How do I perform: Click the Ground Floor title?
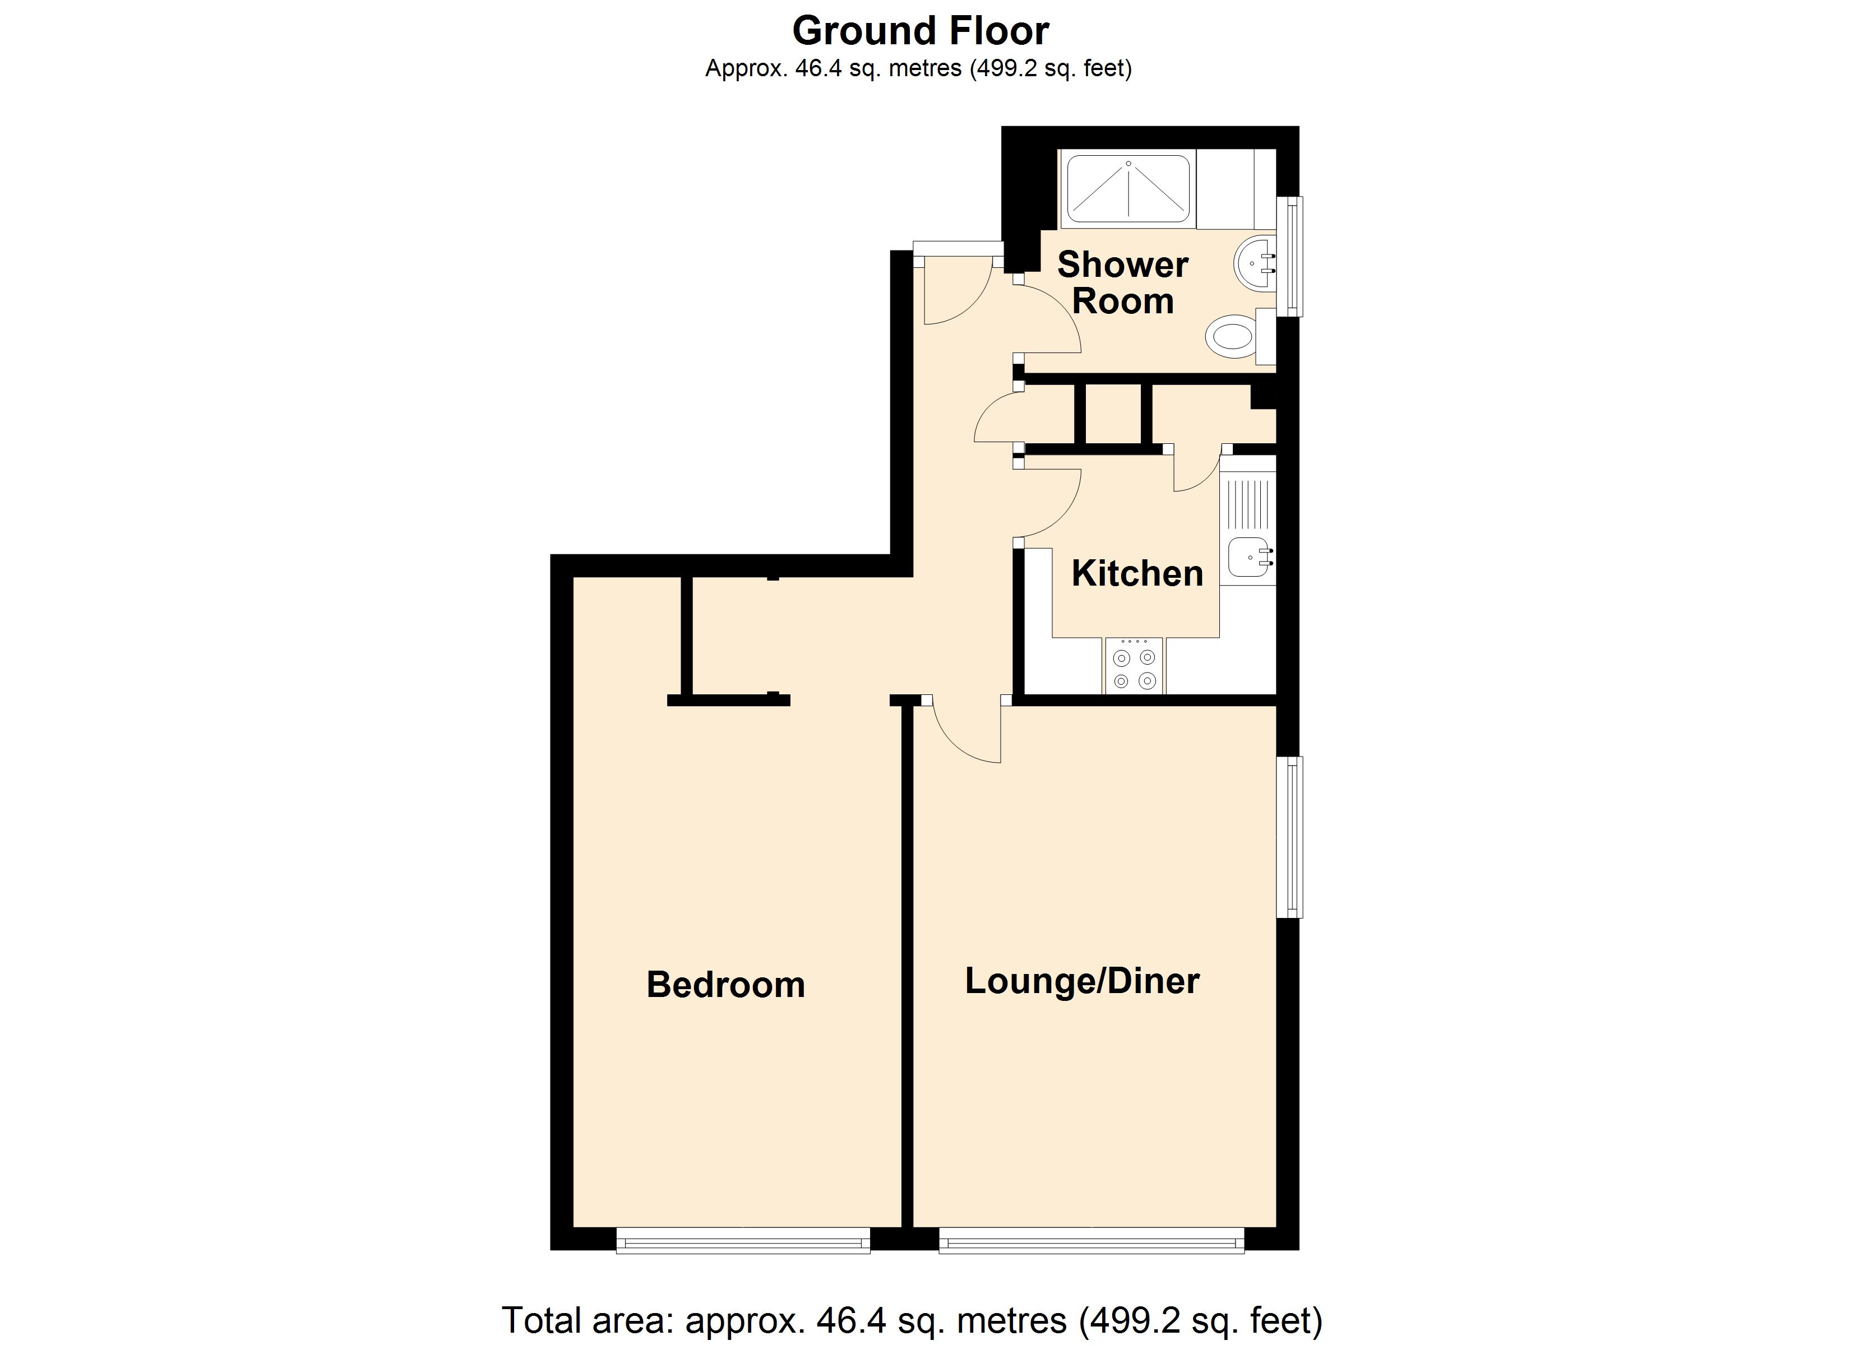920,31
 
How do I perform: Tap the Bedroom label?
725,985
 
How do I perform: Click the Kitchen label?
1137,573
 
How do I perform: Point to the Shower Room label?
1122,282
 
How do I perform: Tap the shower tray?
1128,188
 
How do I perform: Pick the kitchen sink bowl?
1248,557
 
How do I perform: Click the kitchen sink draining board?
1248,503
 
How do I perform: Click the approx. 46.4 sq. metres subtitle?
918,68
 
